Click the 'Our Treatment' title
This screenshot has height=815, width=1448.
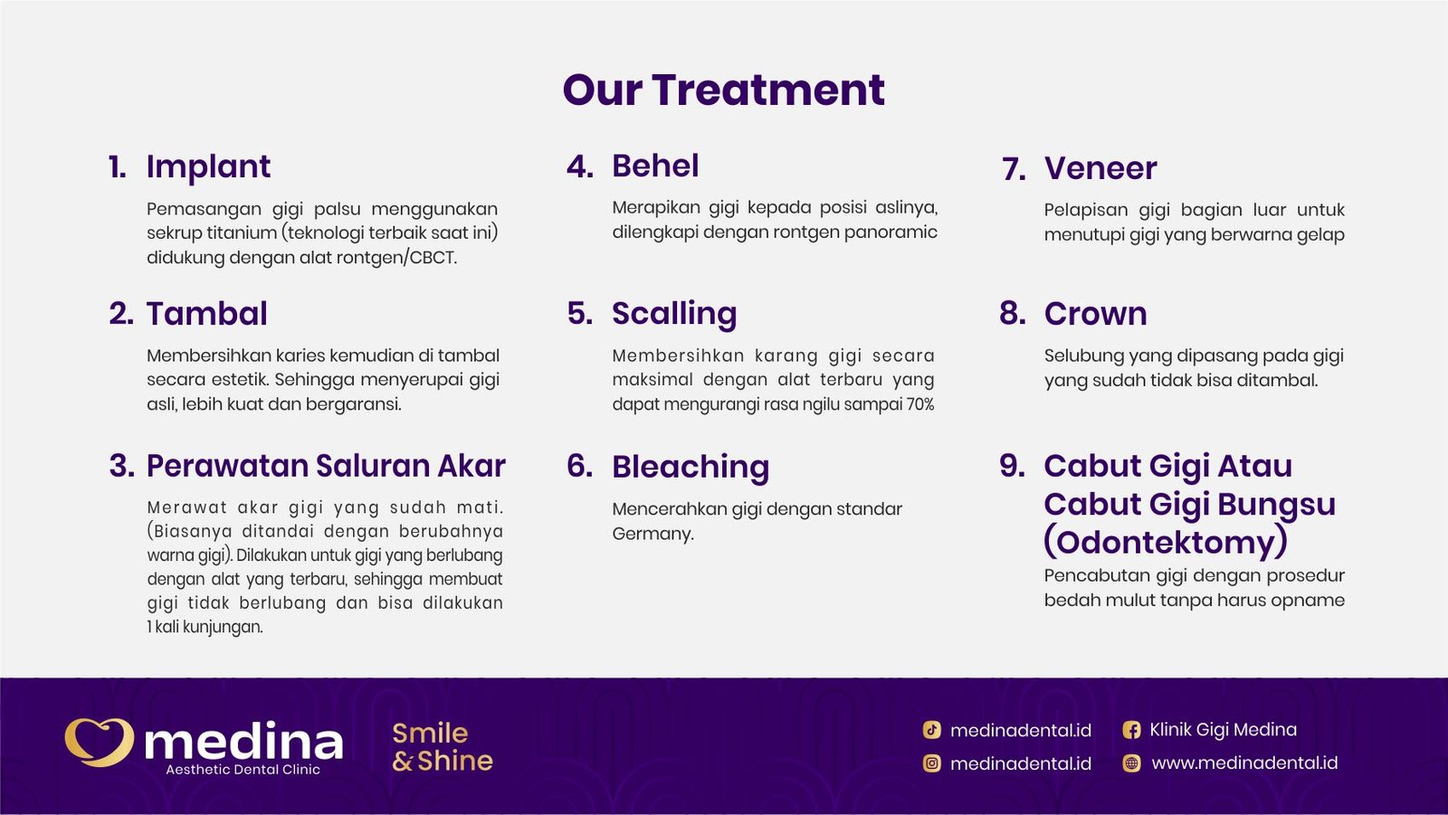tap(723, 90)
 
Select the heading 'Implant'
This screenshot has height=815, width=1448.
tap(208, 166)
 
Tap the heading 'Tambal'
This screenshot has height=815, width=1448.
tap(206, 314)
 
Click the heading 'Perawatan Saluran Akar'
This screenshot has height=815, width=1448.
tap(326, 466)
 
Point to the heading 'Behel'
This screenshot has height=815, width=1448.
tap(655, 166)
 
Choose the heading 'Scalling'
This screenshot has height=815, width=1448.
tap(674, 314)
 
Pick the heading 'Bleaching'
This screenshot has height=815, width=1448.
tap(691, 467)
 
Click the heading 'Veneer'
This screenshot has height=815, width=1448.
tap(1100, 168)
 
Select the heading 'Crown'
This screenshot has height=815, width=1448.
tap(1095, 314)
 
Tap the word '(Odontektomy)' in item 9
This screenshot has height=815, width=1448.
tap(1166, 542)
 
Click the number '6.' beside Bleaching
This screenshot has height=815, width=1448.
tap(579, 466)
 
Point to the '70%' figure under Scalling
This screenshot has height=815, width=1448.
tap(920, 404)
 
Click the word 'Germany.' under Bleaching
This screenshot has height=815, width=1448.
tap(653, 534)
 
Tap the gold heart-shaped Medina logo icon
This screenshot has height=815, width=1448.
tap(99, 742)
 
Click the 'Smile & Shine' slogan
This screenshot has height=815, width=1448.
tap(442, 747)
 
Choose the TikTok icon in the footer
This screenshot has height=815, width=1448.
tap(931, 730)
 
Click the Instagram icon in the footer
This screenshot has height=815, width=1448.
tap(931, 763)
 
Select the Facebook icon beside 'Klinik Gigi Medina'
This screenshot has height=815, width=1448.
tap(1131, 730)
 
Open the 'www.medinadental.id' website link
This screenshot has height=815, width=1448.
tap(1243, 763)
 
